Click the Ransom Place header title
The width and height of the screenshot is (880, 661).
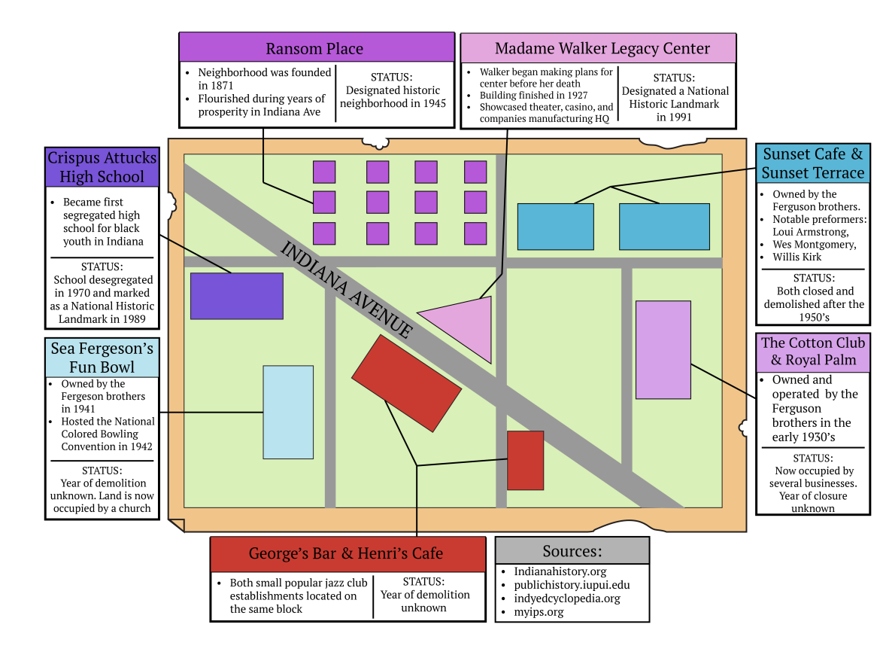coord(314,49)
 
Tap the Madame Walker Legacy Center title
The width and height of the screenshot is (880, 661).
coord(602,49)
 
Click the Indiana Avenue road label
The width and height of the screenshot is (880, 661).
coord(346,290)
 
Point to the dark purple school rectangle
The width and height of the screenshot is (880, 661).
coord(237,296)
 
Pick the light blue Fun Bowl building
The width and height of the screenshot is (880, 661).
coord(289,413)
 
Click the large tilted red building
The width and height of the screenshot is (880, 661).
coord(406,383)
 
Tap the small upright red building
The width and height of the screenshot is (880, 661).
coord(525,461)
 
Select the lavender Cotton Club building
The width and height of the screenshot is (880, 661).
coord(663,350)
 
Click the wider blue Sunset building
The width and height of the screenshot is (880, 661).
coord(664,227)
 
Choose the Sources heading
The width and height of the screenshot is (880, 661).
coord(572,552)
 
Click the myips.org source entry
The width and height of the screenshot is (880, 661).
coord(539,612)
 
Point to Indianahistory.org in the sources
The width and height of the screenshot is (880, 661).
coord(560,571)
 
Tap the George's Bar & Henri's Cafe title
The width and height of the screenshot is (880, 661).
coord(346,554)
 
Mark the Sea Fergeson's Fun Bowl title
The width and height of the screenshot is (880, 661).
coord(102,358)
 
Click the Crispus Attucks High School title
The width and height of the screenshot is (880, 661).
coord(102,167)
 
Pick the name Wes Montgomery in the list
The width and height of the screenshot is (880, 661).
coord(814,245)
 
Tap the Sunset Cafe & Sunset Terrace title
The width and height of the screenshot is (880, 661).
coord(813,163)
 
